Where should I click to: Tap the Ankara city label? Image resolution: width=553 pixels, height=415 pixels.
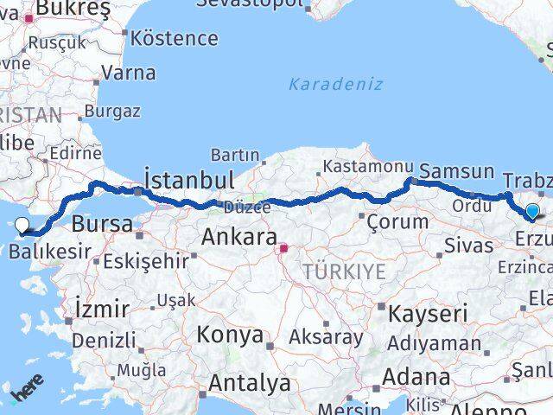pos(238,236)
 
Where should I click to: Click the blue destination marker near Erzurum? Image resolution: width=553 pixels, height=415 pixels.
pos(532,211)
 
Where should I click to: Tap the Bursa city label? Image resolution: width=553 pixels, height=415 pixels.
pos(103,225)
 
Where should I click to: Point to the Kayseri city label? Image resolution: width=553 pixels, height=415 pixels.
pos(428,313)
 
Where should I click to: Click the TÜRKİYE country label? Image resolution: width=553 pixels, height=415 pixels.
pos(344,271)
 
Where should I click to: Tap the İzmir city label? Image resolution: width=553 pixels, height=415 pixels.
pos(102,308)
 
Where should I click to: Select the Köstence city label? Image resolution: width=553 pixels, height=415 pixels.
pos(175,38)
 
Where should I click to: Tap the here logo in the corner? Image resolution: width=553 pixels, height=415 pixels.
pos(26,394)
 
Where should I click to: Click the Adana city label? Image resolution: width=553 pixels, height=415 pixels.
pos(418,377)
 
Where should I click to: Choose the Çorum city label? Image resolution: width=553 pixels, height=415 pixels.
pos(397,221)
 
